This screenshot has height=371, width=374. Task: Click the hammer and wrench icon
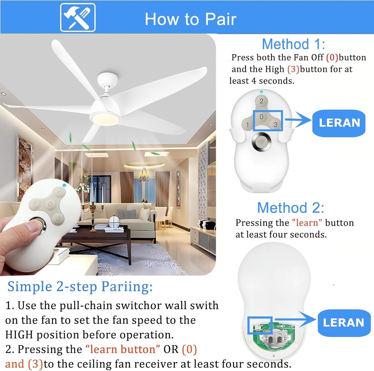[77, 18]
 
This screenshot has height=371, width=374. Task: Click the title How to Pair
[190, 19]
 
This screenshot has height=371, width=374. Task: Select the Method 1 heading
[293, 44]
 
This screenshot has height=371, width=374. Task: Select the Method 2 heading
[290, 208]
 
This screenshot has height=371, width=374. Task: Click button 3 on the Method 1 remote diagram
[275, 125]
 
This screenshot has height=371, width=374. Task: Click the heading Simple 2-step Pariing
[80, 287]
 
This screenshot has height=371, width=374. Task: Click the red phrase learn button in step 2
[123, 349]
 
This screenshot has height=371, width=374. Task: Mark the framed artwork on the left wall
[25, 166]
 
